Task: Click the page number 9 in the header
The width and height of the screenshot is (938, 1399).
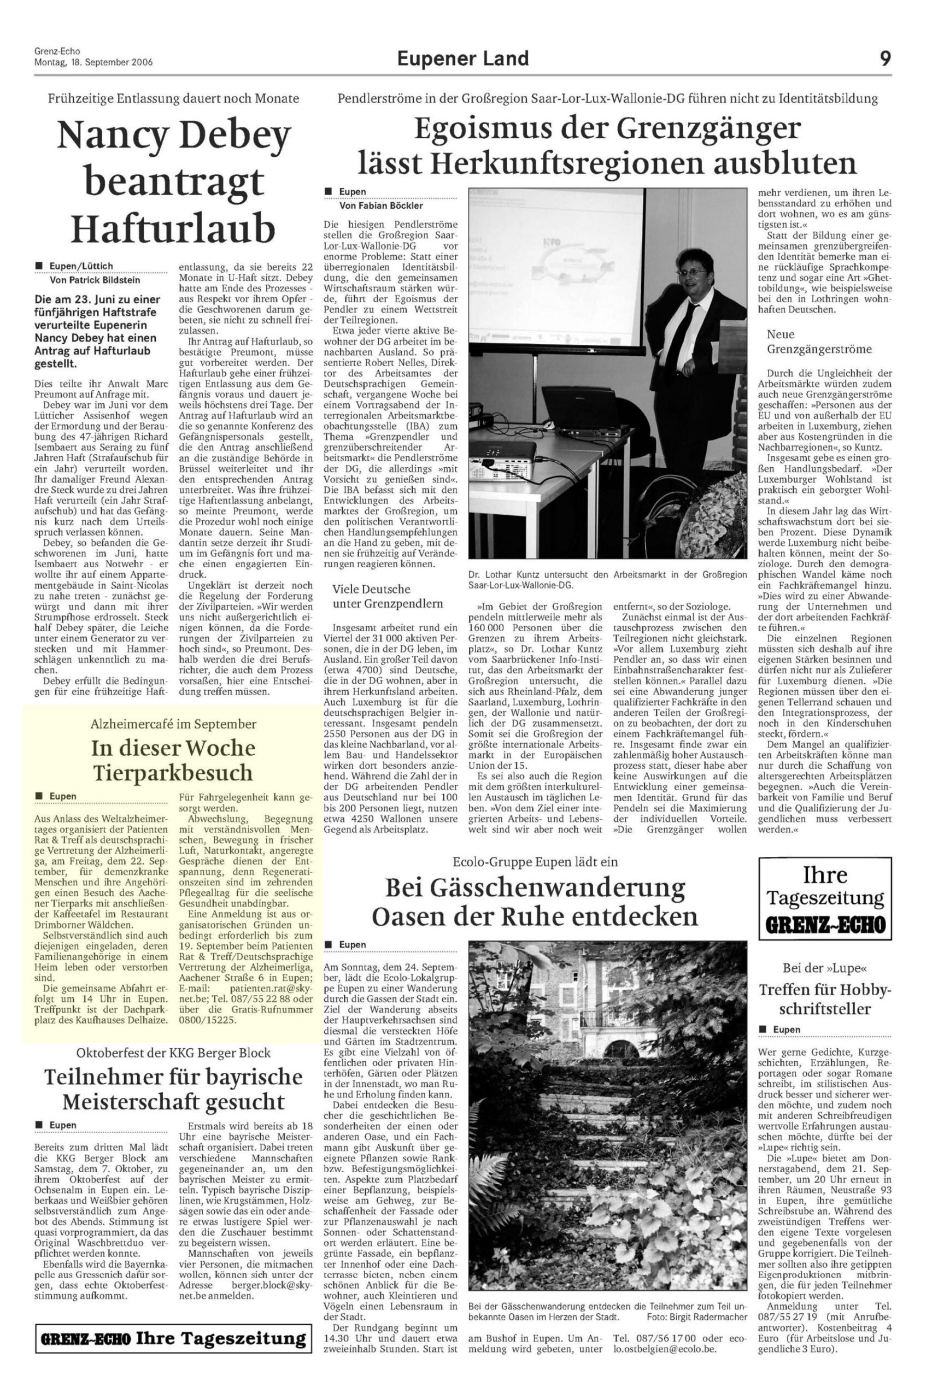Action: click(x=885, y=58)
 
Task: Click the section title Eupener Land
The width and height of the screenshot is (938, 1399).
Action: click(x=462, y=58)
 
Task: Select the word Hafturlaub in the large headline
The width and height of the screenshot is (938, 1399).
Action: click(x=173, y=228)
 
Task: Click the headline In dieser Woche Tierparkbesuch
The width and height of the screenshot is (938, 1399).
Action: click(x=173, y=760)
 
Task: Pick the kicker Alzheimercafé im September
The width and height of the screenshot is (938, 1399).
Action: click(x=173, y=724)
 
